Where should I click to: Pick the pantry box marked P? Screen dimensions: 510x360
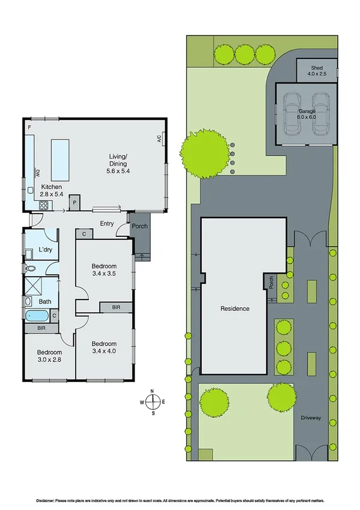pyautogui.click(x=75, y=203)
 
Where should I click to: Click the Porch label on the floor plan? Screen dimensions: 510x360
pyautogui.click(x=140, y=227)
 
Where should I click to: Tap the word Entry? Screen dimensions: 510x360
pyautogui.click(x=107, y=224)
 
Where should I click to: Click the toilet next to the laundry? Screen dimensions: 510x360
pyautogui.click(x=31, y=268)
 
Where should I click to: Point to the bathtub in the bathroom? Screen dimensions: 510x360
pyautogui.click(x=37, y=315)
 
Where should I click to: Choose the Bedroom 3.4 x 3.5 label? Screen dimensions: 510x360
pyautogui.click(x=103, y=270)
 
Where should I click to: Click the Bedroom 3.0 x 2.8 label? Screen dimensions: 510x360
pyautogui.click(x=49, y=356)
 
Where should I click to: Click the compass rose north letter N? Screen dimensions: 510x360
pyautogui.click(x=153, y=392)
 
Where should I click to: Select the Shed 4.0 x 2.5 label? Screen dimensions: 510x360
pyautogui.click(x=317, y=71)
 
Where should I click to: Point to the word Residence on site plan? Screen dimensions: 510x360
pyautogui.click(x=234, y=309)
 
